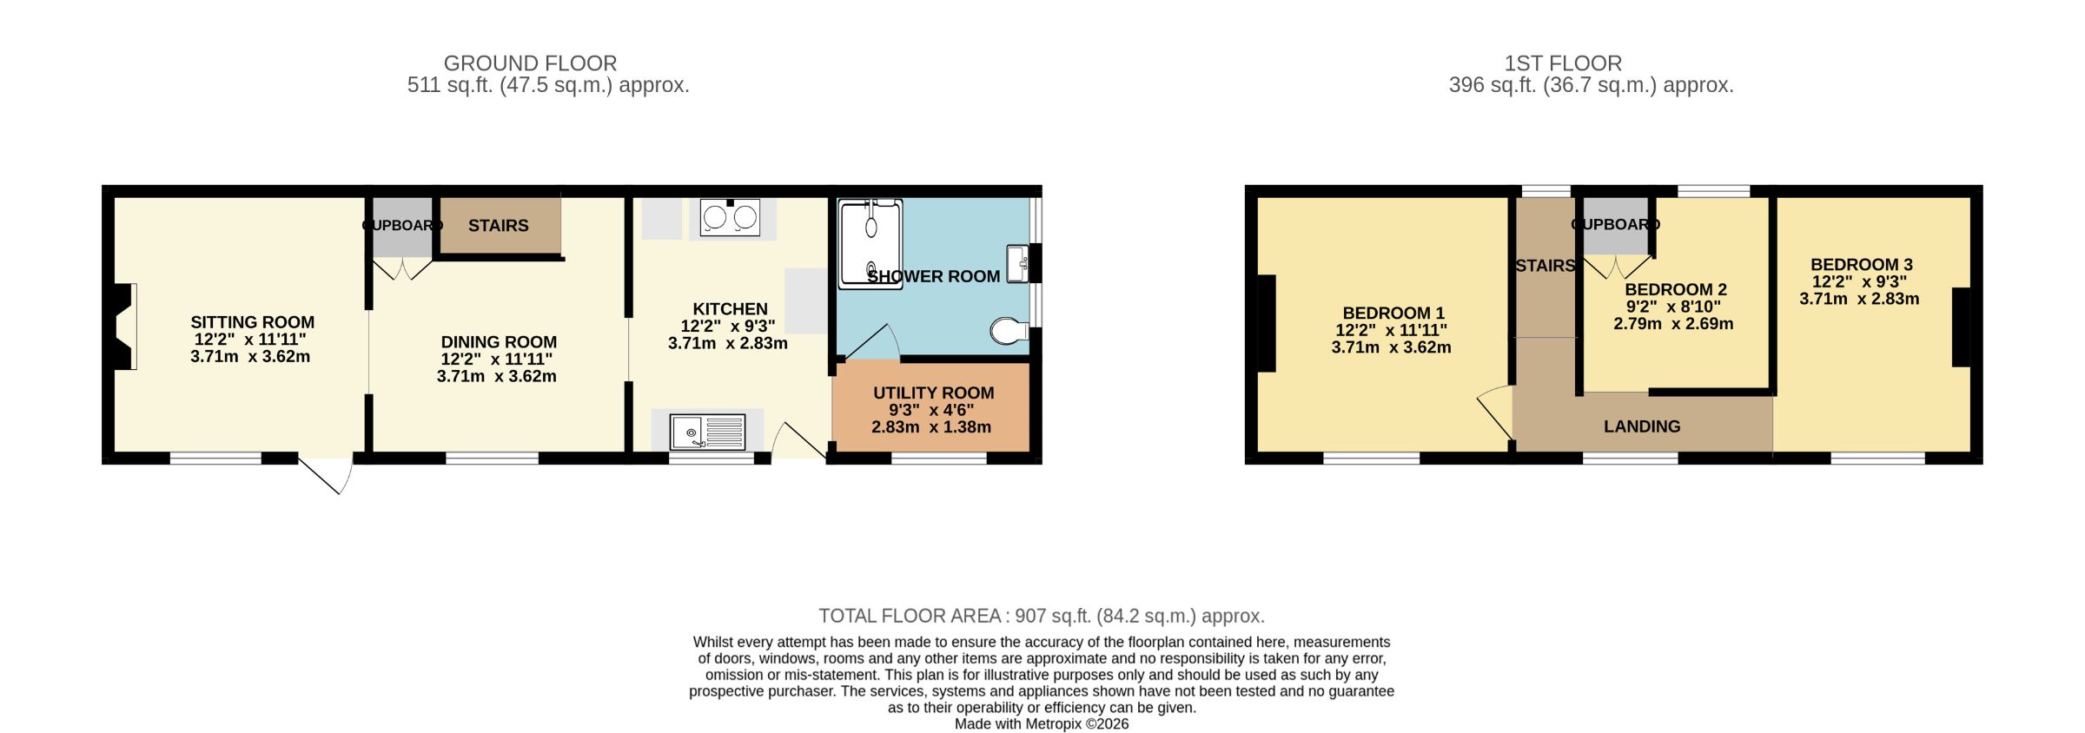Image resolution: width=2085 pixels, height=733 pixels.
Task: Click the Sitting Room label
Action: point(252,322)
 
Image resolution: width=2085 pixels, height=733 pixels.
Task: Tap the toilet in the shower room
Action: point(1009,331)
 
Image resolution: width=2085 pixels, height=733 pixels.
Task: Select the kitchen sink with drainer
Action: point(707,432)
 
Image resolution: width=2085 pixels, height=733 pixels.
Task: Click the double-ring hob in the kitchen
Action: point(731,217)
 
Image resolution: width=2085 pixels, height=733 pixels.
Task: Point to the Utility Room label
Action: point(933,393)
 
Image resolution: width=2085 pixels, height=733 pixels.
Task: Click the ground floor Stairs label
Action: point(498,226)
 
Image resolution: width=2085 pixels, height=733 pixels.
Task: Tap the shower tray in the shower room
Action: point(871,242)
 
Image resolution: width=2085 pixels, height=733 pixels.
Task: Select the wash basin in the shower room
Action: point(1017,263)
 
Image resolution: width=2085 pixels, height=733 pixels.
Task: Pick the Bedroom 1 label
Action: point(1393,313)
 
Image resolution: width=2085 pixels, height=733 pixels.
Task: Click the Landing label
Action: point(1641,426)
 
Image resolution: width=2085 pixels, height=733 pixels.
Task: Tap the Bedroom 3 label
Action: point(1861,265)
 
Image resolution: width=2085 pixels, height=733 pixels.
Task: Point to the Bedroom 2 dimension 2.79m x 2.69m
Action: point(1673,324)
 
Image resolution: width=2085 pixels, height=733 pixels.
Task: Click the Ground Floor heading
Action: point(530,63)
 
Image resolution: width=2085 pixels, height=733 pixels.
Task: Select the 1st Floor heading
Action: point(1563,63)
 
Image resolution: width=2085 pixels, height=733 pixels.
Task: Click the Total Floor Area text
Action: point(1042,616)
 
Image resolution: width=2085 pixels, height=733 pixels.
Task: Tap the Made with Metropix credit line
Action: point(1042,723)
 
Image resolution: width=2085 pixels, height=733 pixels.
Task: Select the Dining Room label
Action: point(499,342)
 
